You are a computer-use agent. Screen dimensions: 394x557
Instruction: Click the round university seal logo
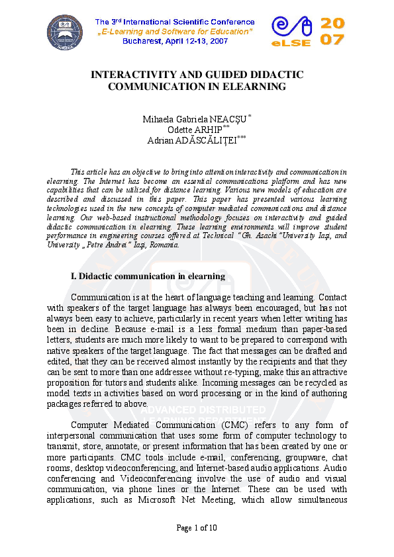click(x=65, y=33)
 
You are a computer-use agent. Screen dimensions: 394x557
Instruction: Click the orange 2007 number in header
click(x=332, y=31)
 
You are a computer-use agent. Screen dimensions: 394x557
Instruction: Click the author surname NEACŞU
click(x=227, y=120)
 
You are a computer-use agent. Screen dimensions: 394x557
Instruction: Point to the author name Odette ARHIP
click(x=195, y=130)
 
